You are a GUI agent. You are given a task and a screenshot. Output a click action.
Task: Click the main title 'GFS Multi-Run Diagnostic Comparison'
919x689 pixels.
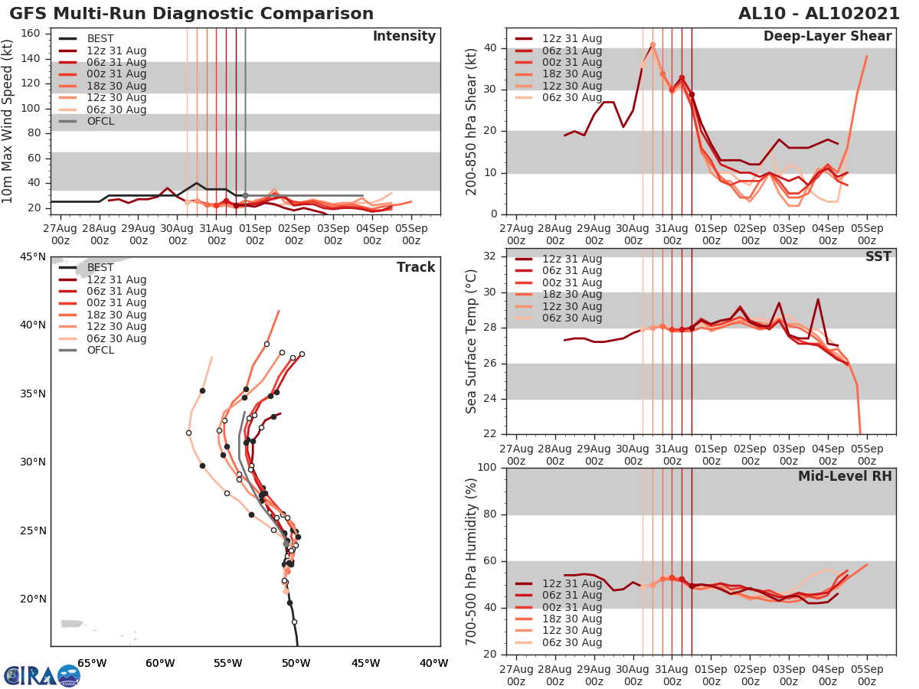(191, 14)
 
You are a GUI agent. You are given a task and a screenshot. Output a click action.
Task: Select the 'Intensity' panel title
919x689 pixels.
(404, 37)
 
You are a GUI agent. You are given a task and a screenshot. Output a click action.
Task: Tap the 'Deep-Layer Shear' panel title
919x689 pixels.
(827, 37)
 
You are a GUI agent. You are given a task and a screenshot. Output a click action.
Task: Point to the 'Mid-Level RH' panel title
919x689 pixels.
(845, 477)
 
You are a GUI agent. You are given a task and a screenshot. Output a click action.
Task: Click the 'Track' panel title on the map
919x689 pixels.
(416, 267)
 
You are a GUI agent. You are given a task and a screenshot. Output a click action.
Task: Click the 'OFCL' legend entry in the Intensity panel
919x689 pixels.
(100, 121)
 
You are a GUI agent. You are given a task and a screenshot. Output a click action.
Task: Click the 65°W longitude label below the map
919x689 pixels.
(92, 663)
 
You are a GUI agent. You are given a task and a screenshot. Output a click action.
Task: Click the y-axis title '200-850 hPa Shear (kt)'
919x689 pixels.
(473, 122)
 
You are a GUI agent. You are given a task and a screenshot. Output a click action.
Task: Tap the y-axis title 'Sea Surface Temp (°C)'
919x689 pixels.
(473, 341)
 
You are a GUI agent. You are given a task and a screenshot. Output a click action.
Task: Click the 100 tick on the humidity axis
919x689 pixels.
(488, 468)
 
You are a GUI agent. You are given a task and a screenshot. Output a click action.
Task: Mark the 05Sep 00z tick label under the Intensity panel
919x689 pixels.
(410, 234)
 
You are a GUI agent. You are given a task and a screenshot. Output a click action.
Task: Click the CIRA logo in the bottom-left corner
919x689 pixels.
(41, 675)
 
